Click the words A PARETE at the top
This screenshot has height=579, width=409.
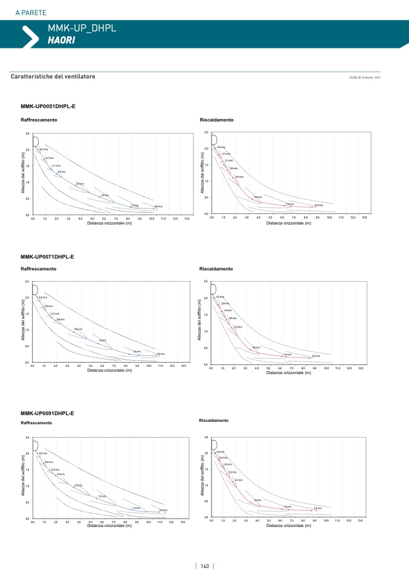(x=31, y=13)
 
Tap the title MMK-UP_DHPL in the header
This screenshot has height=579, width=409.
(x=82, y=28)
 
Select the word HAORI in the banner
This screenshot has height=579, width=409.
(x=62, y=40)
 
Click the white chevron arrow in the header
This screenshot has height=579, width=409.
(x=29, y=36)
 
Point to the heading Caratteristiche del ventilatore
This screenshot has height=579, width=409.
(x=53, y=77)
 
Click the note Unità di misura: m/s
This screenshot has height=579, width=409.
(x=364, y=77)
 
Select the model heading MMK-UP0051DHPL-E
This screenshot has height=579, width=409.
(x=48, y=106)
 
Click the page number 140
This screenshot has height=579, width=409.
(x=205, y=566)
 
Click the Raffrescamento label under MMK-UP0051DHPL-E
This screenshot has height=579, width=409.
(x=39, y=120)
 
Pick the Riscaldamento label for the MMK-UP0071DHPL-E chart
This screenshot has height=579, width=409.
(x=216, y=268)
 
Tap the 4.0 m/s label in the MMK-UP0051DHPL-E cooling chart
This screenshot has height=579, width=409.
(x=43, y=149)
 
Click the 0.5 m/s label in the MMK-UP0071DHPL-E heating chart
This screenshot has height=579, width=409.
(x=315, y=356)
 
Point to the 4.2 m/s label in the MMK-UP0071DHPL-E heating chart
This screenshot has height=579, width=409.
(x=220, y=297)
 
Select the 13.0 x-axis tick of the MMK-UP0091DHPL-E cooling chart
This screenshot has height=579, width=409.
(x=182, y=522)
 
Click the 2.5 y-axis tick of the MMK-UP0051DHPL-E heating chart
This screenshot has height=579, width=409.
(x=207, y=132)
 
